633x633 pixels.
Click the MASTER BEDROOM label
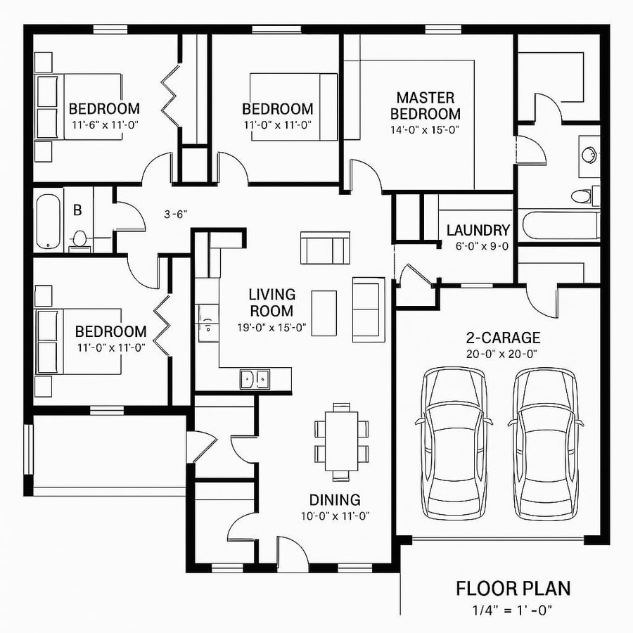(x=425, y=105)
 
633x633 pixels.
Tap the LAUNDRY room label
(x=478, y=230)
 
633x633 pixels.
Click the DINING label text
(x=335, y=500)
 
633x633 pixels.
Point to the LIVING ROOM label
(x=271, y=302)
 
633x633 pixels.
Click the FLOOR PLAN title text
(x=513, y=588)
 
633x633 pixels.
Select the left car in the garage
(x=455, y=443)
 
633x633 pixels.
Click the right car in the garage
(x=546, y=443)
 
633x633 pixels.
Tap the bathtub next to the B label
(x=49, y=221)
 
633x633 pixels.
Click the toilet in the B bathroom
(x=79, y=238)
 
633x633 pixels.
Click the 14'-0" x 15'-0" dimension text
(x=425, y=129)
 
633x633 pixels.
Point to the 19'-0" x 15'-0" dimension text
(x=271, y=327)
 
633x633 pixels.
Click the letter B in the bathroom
(x=78, y=209)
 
